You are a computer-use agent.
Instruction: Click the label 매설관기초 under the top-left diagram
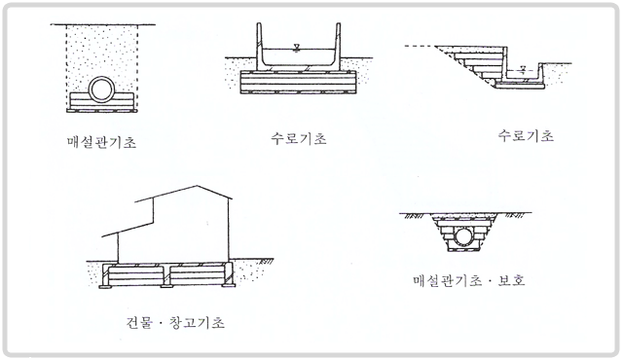click(x=101, y=142)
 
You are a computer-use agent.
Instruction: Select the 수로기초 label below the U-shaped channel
click(x=299, y=138)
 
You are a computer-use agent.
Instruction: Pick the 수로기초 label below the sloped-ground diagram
click(x=526, y=136)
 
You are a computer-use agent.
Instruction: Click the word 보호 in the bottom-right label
click(x=512, y=280)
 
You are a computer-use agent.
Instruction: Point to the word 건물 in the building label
click(x=139, y=322)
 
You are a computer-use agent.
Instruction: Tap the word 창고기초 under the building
click(x=197, y=322)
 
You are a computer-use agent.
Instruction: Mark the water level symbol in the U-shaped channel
click(x=296, y=48)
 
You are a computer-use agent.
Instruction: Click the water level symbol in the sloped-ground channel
click(x=523, y=71)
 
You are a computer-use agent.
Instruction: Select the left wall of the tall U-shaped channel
click(x=260, y=45)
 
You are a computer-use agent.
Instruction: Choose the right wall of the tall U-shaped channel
click(x=338, y=45)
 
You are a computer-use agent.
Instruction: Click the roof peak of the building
click(x=196, y=186)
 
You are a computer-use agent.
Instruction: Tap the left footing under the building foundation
click(x=106, y=285)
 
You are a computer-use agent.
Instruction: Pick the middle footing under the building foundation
click(x=166, y=285)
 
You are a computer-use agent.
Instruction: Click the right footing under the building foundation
click(x=229, y=285)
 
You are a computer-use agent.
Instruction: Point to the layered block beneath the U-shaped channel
click(x=298, y=82)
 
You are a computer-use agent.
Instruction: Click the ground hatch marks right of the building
click(x=266, y=262)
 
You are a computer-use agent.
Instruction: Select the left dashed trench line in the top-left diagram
click(x=67, y=65)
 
